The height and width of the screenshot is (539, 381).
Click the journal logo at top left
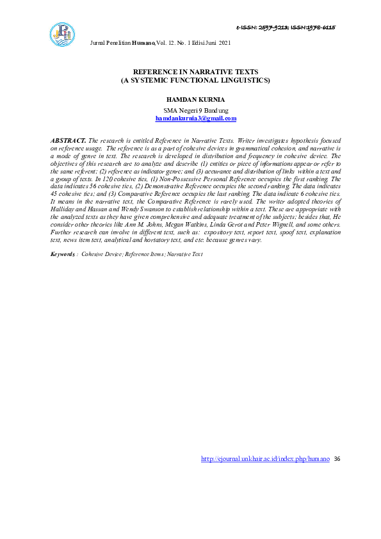coord(62,34)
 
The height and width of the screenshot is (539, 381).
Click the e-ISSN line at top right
coord(286,28)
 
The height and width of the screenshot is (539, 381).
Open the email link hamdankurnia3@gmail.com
coord(196,118)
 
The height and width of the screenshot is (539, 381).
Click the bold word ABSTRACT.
coord(68,140)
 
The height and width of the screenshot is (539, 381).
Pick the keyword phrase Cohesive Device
coord(102,254)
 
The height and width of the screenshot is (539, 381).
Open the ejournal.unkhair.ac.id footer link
coord(265,459)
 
